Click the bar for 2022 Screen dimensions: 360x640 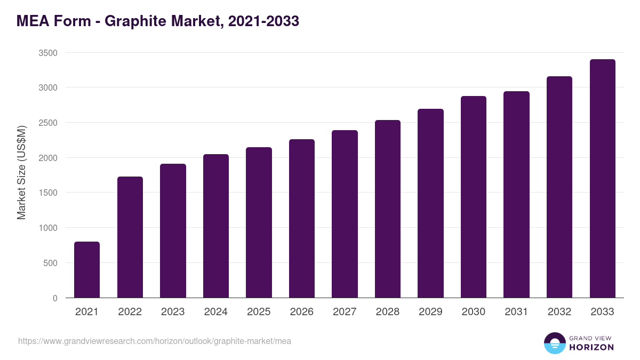[130, 237]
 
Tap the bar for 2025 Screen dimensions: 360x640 [259, 222]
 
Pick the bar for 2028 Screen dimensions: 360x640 [388, 209]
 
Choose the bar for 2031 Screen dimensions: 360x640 [516, 194]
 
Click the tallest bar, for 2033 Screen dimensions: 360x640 [602, 178]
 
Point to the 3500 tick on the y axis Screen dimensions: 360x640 [47, 53]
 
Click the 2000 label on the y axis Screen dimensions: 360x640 [47, 158]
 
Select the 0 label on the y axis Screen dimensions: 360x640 [55, 298]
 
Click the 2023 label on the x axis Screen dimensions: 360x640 [173, 312]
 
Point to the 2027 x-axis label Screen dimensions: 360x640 [345, 312]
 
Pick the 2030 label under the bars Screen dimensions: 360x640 [474, 312]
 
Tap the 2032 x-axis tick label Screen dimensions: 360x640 [559, 312]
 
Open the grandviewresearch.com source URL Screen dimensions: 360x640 [155, 341]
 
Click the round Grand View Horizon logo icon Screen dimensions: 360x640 [554, 343]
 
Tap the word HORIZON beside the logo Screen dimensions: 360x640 [591, 347]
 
